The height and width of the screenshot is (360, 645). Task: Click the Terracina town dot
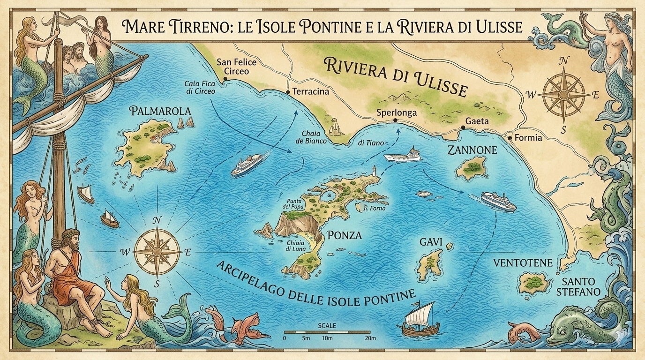pos(288,92)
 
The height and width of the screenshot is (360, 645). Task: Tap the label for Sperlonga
pos(397,113)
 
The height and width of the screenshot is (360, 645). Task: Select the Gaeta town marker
pos(463,127)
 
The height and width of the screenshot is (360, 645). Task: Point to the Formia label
pos(528,138)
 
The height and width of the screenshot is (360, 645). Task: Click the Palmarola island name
pos(161,111)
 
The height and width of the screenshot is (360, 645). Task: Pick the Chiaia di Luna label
pos(296,247)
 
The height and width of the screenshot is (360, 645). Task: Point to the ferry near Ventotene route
pos(498,202)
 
